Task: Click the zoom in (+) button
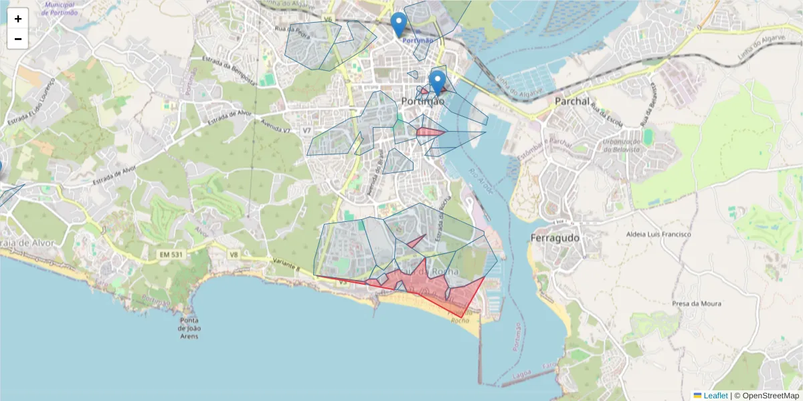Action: [18, 19]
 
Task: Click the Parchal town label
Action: [573, 102]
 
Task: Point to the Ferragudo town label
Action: [555, 238]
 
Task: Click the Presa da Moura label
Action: [697, 303]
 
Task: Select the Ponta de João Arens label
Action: [190, 328]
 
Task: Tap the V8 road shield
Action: [234, 255]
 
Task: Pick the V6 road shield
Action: [327, 19]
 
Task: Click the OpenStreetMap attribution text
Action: [770, 396]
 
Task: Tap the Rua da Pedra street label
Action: [292, 31]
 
